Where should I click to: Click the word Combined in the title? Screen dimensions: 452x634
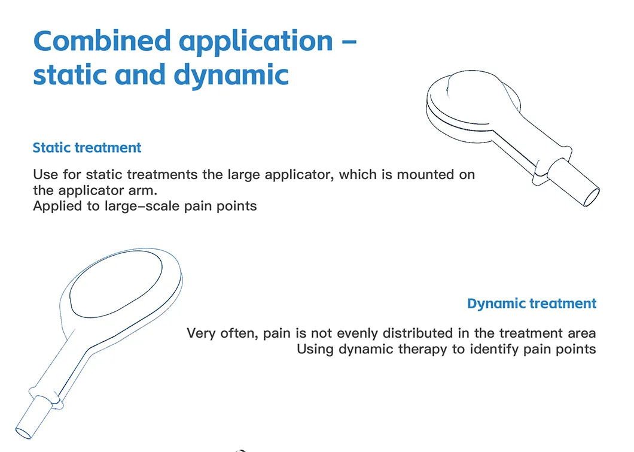(102, 41)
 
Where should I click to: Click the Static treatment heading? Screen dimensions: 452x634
(87, 148)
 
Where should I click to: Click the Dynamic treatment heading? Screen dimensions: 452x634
(531, 304)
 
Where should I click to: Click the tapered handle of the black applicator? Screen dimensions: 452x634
(526, 147)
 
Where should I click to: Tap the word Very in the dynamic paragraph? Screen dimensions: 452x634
(200, 333)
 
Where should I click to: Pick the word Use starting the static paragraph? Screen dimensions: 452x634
(45, 175)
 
